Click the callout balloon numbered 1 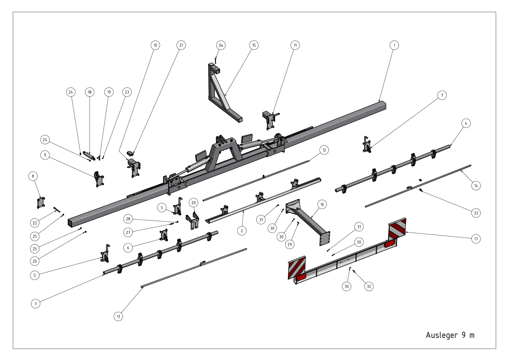point(394,45)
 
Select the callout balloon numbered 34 point(221,45)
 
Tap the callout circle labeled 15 point(254,45)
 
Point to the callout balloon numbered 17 point(476,239)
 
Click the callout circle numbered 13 point(118,316)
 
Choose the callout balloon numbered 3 point(35,304)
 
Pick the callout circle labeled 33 point(476,213)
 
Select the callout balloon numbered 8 point(33,176)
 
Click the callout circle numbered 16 point(322,204)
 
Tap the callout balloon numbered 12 point(324,150)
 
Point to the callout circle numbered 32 point(369,286)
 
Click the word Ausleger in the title point(442,335)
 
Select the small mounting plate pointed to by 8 point(41,203)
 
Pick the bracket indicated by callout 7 point(367,144)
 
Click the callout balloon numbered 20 point(193,203)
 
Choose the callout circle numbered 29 point(289,244)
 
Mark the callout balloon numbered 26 point(35,261)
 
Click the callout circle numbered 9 point(45,155)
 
